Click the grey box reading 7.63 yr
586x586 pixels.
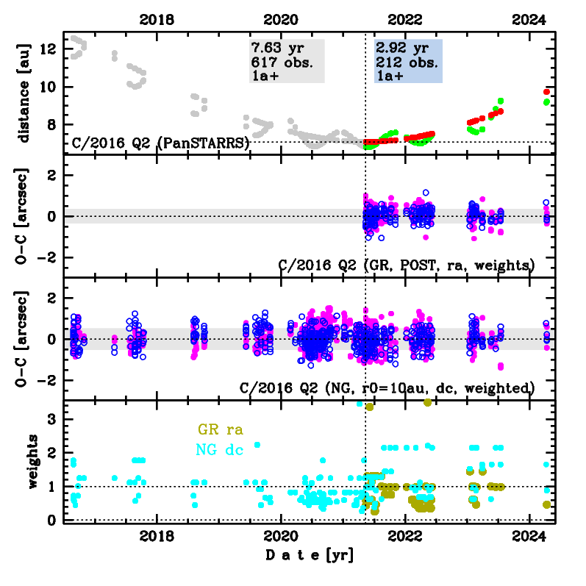tap(287, 61)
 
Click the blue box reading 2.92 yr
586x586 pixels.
tap(408, 61)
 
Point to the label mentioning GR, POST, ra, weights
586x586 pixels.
tap(406, 265)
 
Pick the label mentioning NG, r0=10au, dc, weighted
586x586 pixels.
tap(387, 387)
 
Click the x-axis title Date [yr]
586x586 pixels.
tap(309, 554)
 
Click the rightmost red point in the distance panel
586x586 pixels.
tap(546, 92)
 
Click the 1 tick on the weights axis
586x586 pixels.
tap(54, 487)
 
